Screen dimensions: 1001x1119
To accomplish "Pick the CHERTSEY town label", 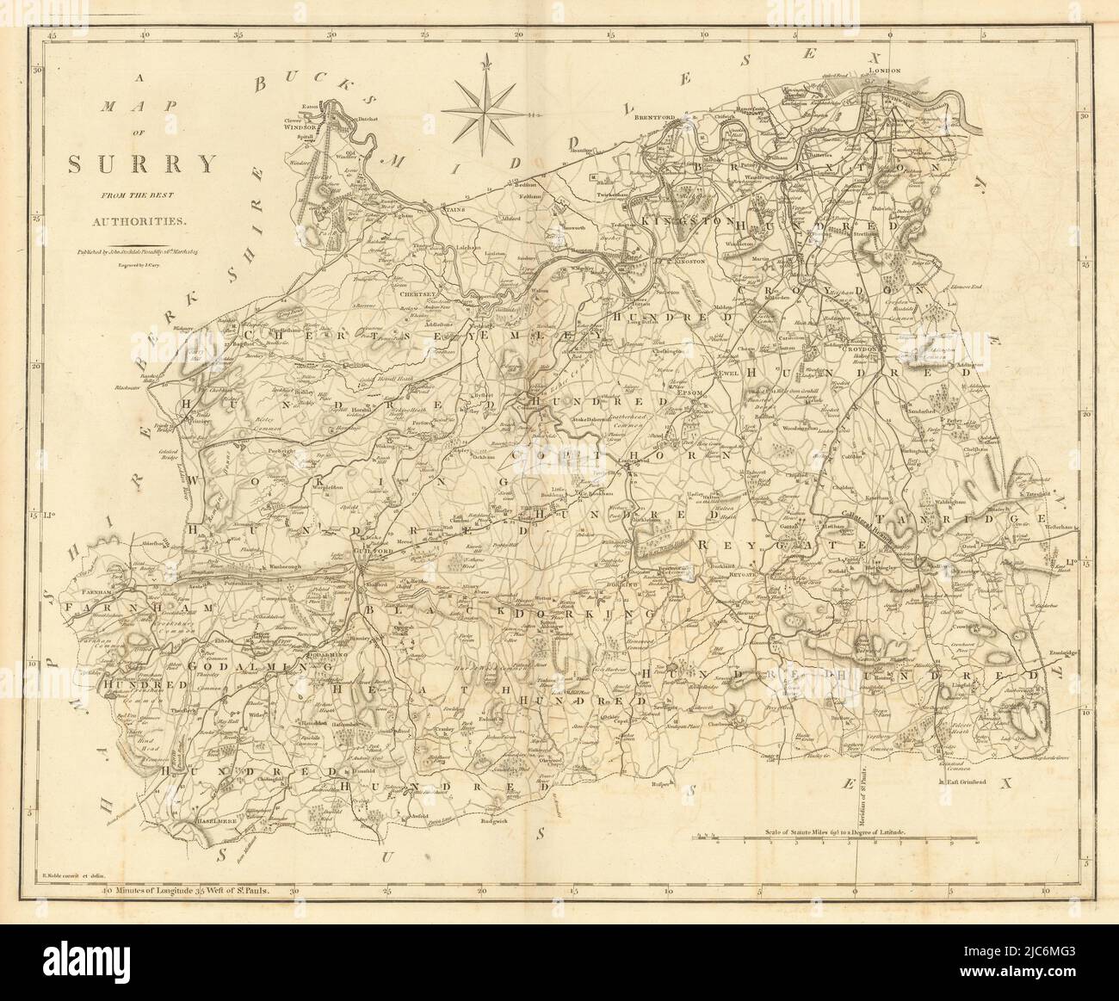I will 421,294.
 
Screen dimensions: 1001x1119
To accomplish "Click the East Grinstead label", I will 970,782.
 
